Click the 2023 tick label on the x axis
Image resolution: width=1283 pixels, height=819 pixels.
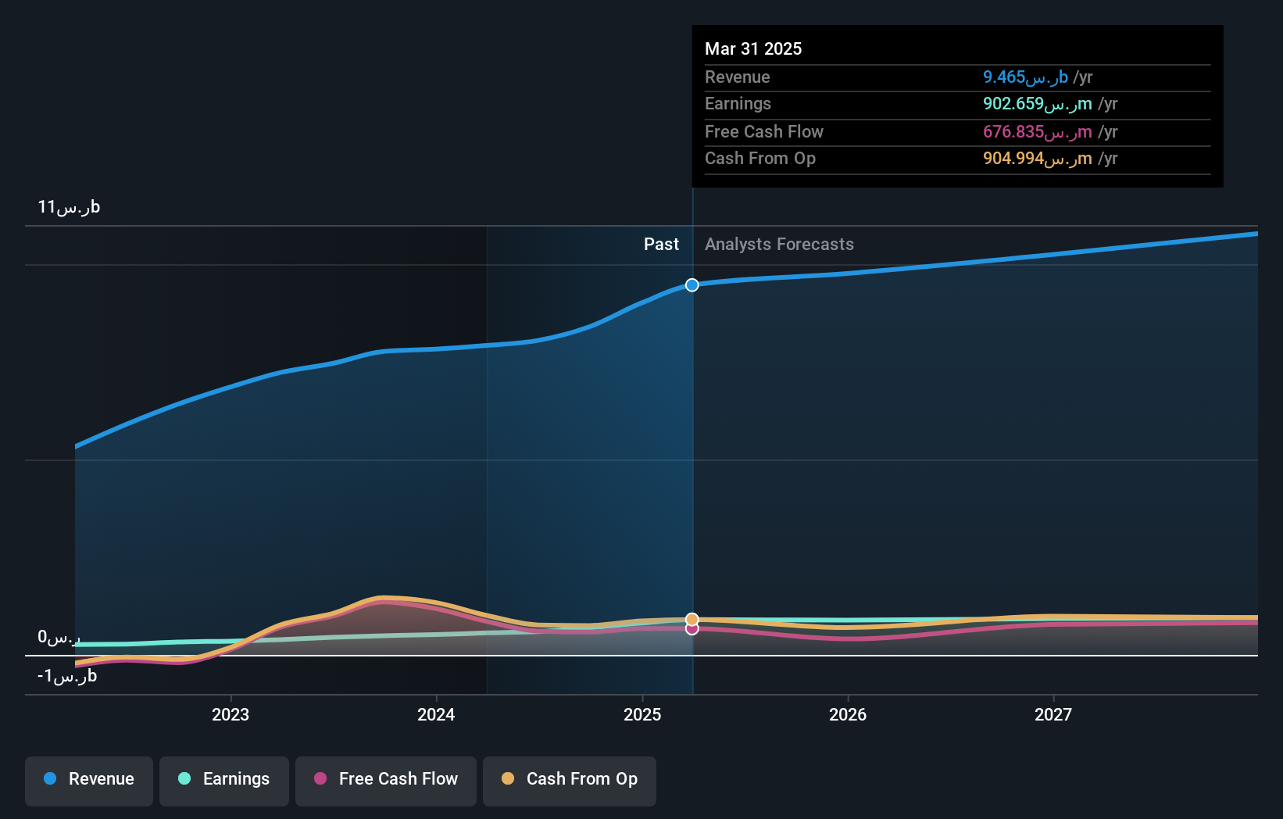231,714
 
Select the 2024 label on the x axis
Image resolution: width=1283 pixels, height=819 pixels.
436,714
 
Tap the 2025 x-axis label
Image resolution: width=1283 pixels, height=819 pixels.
642,714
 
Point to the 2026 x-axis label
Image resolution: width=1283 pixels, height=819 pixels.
848,714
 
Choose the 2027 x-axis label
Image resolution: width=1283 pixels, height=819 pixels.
1053,714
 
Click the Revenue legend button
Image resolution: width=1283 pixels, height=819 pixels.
89,779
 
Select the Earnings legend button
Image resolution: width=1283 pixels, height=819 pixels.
224,779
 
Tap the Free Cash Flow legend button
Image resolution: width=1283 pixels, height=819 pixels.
386,779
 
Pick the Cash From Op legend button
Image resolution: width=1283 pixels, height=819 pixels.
570,779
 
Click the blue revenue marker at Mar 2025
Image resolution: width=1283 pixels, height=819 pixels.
692,285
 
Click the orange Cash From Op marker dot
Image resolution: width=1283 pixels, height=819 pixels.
692,619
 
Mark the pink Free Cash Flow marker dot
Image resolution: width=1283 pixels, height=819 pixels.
692,629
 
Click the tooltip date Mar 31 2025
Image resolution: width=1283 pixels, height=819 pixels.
753,48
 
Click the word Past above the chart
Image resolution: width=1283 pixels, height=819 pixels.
661,245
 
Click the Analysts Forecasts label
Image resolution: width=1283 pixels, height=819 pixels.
779,245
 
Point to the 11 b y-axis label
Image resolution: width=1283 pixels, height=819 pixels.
69,207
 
